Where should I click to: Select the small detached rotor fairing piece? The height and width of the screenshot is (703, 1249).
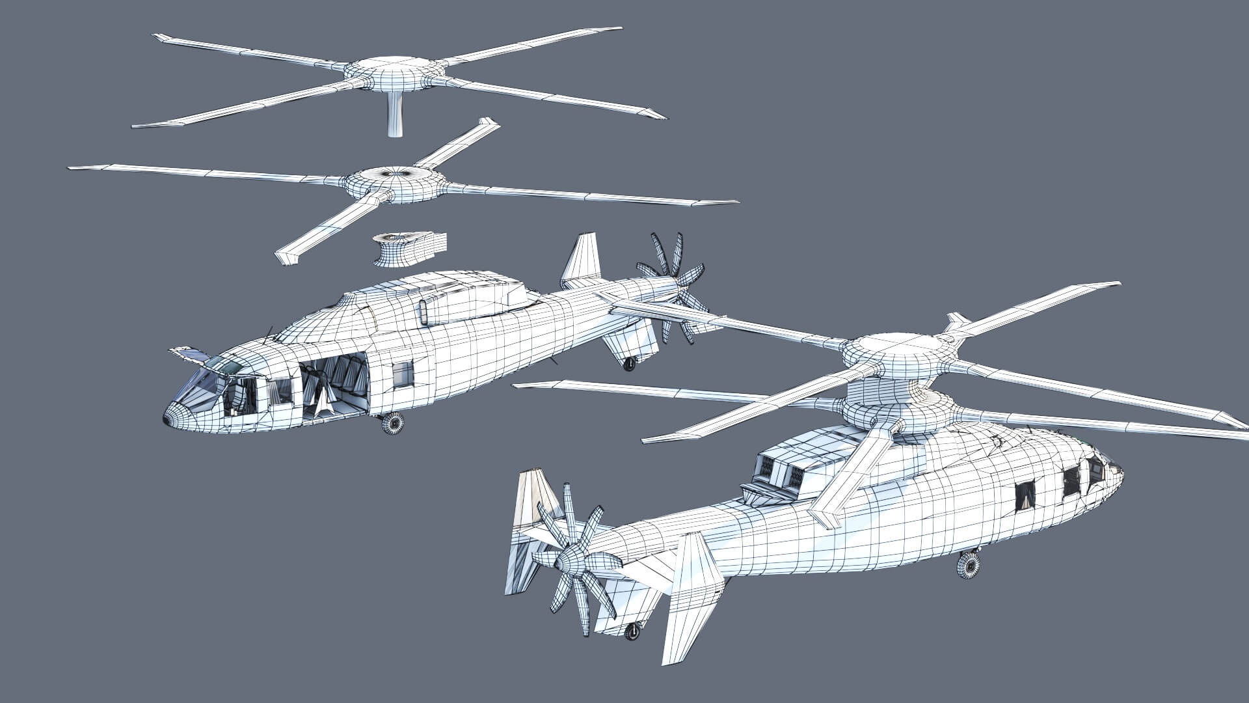(x=410, y=249)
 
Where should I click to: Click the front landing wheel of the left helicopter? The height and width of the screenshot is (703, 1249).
(x=392, y=423)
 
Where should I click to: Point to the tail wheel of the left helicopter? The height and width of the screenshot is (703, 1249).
(x=629, y=364)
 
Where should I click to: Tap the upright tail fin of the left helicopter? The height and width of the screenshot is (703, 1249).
(x=582, y=260)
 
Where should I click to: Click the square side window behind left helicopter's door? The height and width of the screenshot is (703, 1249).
(x=403, y=374)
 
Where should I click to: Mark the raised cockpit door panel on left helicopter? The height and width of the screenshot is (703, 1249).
(x=190, y=354)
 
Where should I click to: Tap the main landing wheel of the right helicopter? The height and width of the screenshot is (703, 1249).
(x=968, y=565)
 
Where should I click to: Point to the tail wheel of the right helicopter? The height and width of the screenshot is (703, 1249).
(x=632, y=631)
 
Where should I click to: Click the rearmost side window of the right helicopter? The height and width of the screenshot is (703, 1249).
(x=1026, y=496)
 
